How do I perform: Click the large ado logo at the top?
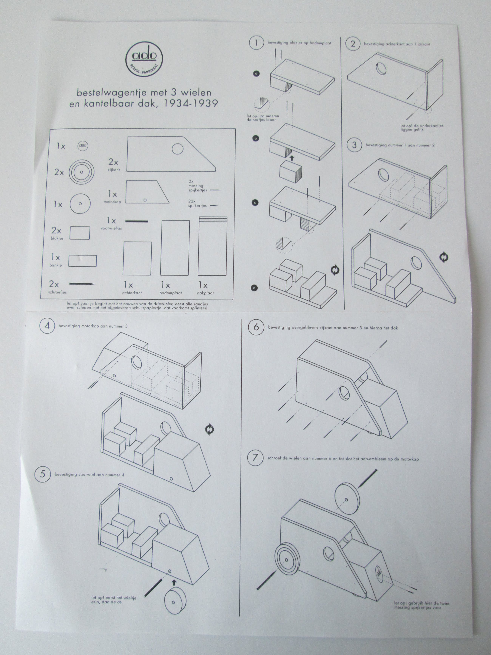pos(144,59)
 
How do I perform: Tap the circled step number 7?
pos(255,458)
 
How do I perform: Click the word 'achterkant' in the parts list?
pos(132,293)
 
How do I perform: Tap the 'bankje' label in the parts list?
pos(56,265)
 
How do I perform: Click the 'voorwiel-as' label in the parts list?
pos(111,228)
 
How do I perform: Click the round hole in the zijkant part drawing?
pos(178,149)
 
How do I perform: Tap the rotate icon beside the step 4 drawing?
pos(209,429)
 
